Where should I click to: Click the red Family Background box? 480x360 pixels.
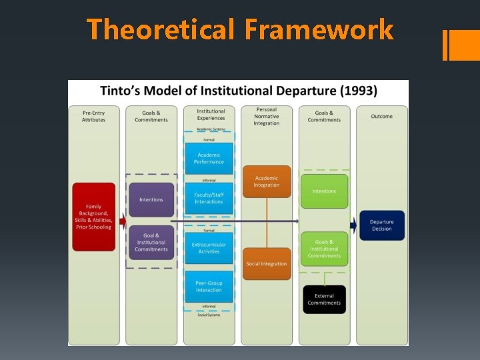coord(93,217)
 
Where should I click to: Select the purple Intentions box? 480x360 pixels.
coord(151,199)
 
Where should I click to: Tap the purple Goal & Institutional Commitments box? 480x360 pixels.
coord(151,242)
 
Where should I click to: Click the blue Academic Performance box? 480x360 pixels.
coord(209,158)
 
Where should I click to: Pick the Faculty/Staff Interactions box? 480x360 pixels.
coord(209,198)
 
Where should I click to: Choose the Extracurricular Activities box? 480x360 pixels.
coord(209,248)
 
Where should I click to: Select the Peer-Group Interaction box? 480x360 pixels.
coord(209,286)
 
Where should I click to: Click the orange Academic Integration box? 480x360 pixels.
coord(266,181)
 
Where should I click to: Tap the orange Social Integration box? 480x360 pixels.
coord(266,263)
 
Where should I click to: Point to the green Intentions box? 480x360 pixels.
coord(324,191)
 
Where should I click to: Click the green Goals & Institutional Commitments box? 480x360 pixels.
coord(324,249)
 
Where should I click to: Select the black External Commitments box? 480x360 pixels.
coord(324,299)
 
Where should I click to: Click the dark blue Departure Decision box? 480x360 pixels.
coord(381,225)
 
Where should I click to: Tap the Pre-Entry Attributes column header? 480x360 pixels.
coord(93,117)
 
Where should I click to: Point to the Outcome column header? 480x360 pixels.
coord(381,117)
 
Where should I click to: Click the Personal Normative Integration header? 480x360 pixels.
coord(266,116)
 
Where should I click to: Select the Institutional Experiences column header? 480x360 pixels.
coord(211,115)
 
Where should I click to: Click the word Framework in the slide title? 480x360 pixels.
coord(319,30)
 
